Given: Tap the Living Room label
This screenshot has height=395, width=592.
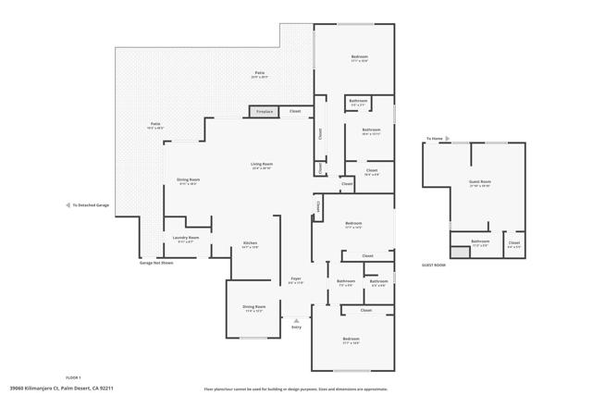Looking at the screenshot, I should click(262, 167).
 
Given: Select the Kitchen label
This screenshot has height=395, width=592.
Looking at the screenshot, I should click(250, 245).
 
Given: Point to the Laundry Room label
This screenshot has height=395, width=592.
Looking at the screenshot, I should click(187, 240).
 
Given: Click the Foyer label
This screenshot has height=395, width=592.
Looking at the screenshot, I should click(296, 280).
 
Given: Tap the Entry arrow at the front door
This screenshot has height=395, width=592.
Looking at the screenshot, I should click(296, 319).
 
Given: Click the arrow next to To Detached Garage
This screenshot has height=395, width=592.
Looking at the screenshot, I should click(68, 204).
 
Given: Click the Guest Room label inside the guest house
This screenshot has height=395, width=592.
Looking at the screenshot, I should click(480, 183).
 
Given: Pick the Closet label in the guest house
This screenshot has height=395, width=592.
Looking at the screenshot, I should click(514, 244).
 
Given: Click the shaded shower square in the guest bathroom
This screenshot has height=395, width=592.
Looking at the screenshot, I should click(460, 251).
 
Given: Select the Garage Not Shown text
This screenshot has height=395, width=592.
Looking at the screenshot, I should click(156, 263).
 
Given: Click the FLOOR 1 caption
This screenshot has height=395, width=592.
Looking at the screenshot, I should click(73, 377).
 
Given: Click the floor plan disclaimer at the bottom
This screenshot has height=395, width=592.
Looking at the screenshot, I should click(295, 389).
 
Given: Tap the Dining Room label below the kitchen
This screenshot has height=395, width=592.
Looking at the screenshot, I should click(253, 308).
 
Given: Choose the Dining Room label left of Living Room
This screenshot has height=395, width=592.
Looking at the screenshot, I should click(188, 181).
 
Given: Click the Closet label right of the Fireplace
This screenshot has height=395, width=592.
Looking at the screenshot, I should click(295, 112).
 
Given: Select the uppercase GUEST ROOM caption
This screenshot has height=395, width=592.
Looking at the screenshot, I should click(434, 265).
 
